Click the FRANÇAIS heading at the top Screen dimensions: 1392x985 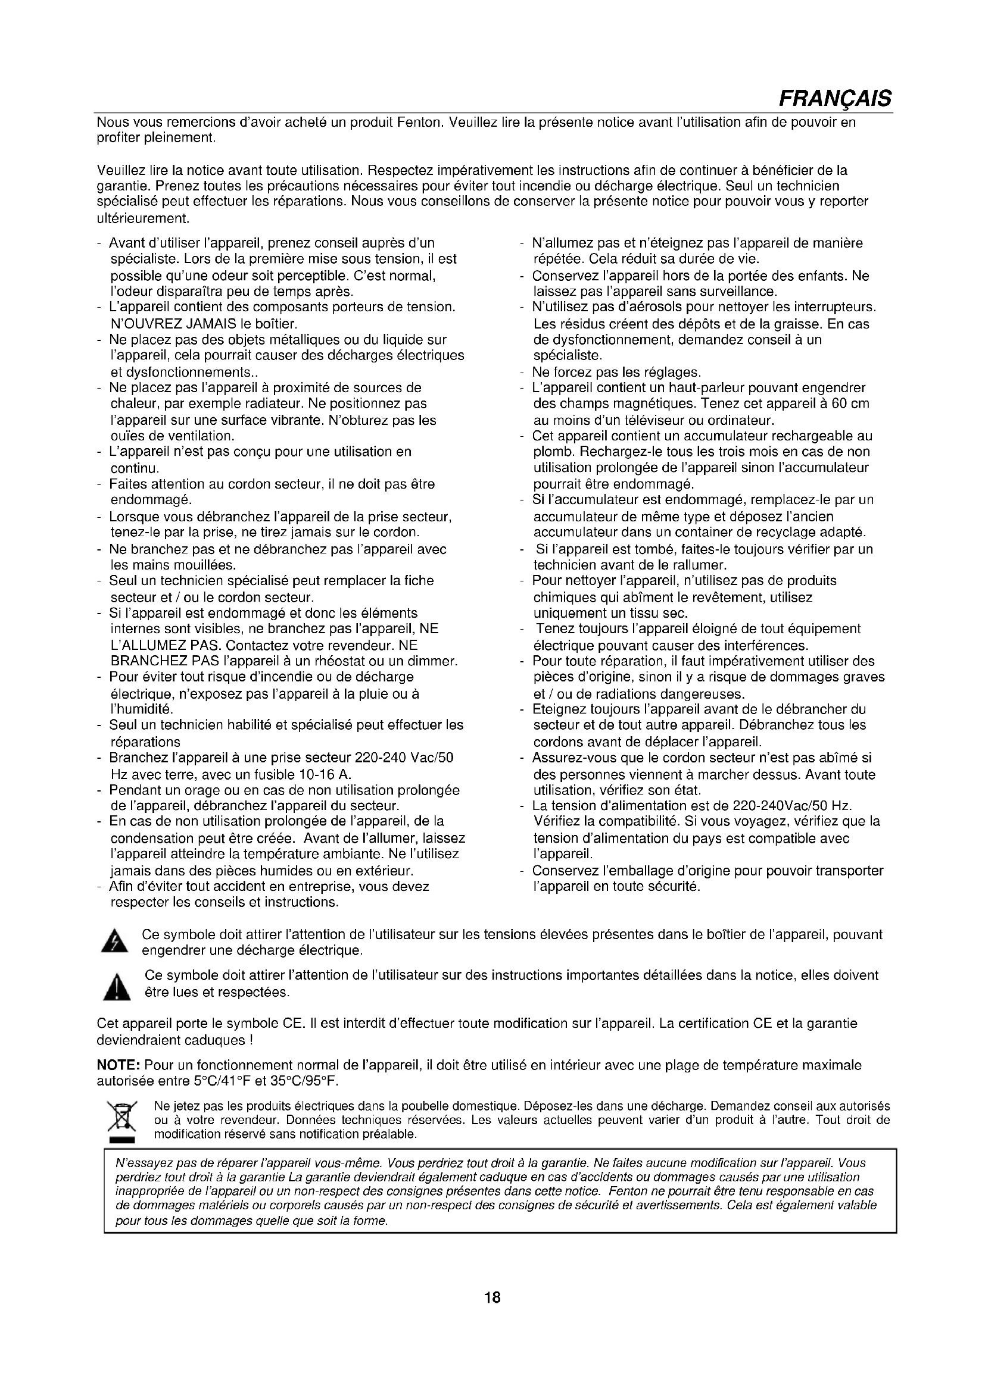click(x=834, y=98)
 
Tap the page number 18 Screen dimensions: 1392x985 click(x=492, y=1297)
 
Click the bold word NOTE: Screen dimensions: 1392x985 click(x=119, y=1065)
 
